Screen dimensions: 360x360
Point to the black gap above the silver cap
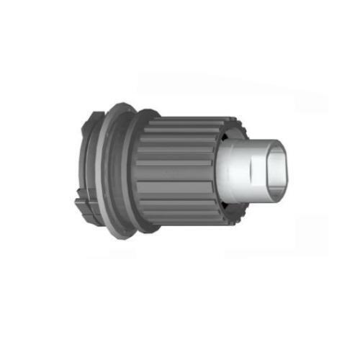[x=229, y=135]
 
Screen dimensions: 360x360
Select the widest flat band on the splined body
[x=176, y=173]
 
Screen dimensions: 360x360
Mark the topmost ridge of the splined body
[x=187, y=120]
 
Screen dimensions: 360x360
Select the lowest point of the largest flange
[x=124, y=238]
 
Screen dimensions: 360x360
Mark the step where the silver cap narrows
[x=248, y=173]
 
